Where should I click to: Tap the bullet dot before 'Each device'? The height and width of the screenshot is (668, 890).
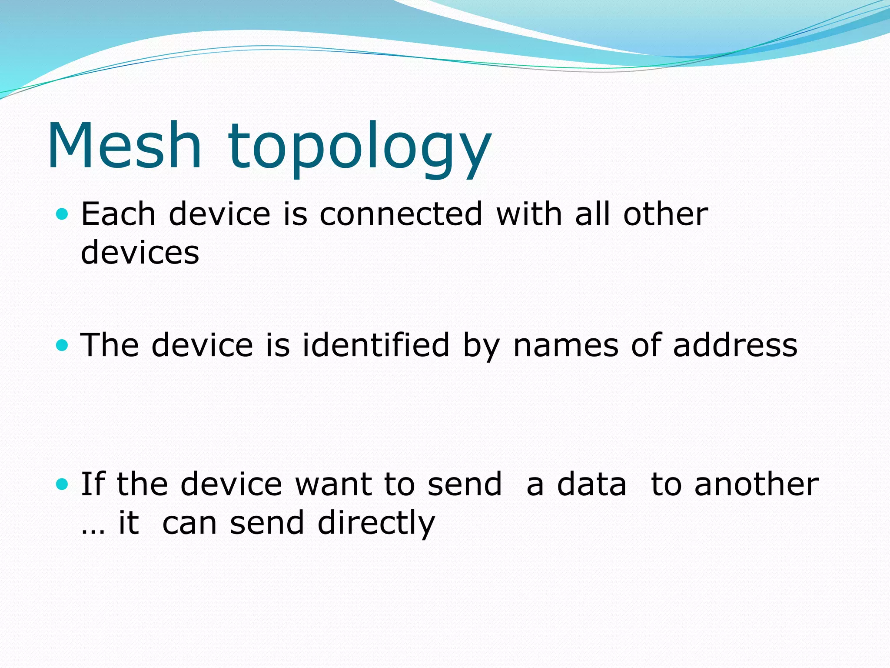pos(63,214)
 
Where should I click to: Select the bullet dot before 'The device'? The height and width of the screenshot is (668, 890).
pos(63,345)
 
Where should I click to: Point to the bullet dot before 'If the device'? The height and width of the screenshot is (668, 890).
pos(63,484)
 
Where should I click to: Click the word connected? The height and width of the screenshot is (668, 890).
pos(401,214)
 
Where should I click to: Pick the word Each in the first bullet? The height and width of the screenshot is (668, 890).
pos(118,214)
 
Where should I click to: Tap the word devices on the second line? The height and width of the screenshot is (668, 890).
pos(140,253)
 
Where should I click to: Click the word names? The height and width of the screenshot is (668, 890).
pos(565,345)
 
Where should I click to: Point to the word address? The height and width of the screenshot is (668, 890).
pos(735,345)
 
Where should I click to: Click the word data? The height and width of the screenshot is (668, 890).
pos(591,484)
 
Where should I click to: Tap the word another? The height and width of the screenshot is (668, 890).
pos(757,484)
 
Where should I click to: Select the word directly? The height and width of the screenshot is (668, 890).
pos(376,523)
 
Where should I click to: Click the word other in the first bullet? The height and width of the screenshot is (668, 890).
pos(665,214)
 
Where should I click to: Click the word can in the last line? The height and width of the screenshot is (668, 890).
pos(189,523)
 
